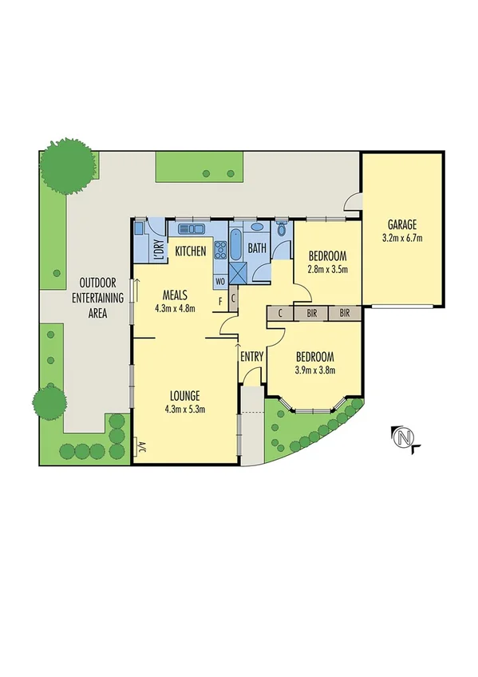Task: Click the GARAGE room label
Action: [402, 224]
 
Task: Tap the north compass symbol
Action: [405, 437]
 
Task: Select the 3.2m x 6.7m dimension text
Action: [402, 237]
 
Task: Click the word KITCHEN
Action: [191, 251]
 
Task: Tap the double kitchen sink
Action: [192, 229]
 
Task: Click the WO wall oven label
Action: [219, 281]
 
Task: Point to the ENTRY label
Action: [251, 356]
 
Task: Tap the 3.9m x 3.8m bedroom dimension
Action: [314, 370]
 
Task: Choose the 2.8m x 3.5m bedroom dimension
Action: [328, 269]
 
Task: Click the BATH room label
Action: [257, 248]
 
